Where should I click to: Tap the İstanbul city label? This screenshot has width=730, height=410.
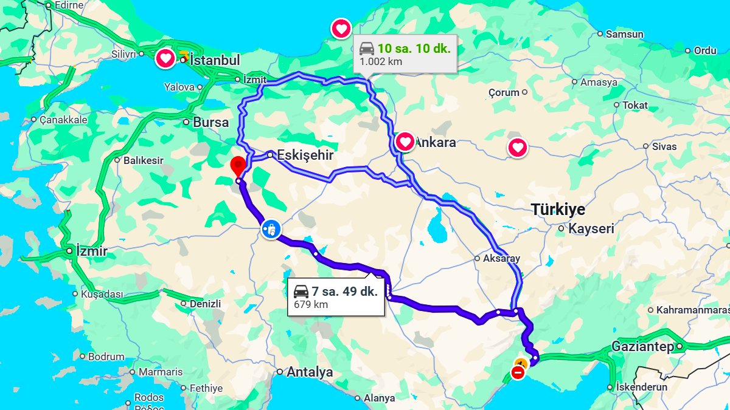point(215,60)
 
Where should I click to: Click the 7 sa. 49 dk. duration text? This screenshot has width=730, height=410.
point(344,291)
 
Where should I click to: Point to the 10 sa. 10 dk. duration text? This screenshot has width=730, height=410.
point(414,49)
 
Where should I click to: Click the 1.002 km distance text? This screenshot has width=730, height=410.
point(381,61)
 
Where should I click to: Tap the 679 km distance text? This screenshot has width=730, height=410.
point(311,304)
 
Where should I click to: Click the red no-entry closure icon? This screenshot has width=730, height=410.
point(518,372)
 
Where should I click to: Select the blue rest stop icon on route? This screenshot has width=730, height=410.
point(271,229)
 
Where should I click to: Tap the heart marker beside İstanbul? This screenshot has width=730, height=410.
point(165,59)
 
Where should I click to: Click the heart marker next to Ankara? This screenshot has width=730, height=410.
point(405,142)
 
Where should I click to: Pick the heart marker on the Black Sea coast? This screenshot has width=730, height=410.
point(341,28)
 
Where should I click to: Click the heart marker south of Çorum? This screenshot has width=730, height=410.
point(517,148)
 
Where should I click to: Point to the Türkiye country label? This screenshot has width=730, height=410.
point(558,210)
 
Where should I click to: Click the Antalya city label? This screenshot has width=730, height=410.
point(310,372)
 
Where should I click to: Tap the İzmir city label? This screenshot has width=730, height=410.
point(91,251)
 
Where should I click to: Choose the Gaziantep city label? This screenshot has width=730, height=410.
point(642,347)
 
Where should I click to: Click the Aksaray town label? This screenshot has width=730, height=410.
point(501,258)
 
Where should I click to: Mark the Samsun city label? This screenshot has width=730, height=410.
point(624,34)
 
